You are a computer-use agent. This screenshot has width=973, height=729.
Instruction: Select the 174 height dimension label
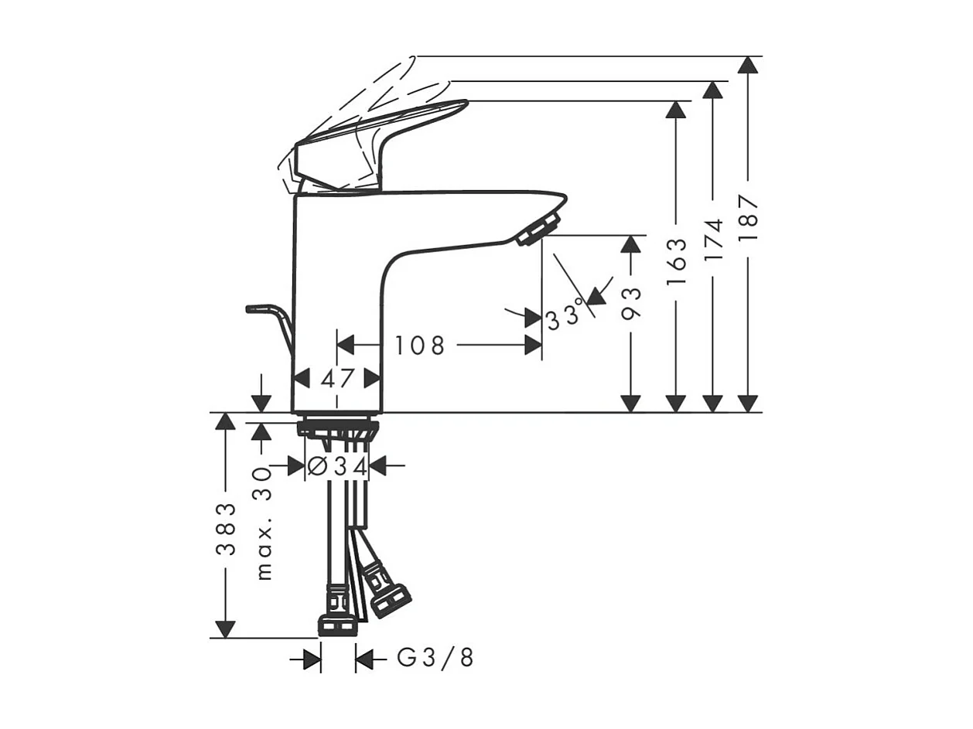coord(713,238)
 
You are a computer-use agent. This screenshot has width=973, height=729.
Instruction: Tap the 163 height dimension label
coord(677,261)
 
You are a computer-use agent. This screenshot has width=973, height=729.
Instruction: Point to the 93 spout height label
coord(632,303)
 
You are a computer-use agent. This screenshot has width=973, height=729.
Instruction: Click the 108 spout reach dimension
coord(420,346)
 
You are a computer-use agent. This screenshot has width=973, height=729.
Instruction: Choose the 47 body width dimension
coord(337,379)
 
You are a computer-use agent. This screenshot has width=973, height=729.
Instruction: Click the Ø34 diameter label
coord(336,466)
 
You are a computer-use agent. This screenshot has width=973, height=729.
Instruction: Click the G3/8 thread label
coord(435,659)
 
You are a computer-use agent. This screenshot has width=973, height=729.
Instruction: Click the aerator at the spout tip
coord(538,230)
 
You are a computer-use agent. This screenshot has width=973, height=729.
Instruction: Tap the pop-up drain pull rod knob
coord(255,309)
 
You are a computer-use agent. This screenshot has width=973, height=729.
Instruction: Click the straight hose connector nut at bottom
coord(338,625)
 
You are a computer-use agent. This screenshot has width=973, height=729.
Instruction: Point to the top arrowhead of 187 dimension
coord(748,65)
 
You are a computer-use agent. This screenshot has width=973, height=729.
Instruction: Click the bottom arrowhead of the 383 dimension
coord(225,629)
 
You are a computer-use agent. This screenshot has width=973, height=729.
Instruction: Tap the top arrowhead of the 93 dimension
coord(632,244)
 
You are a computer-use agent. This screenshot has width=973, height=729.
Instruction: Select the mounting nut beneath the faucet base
coord(338,428)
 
